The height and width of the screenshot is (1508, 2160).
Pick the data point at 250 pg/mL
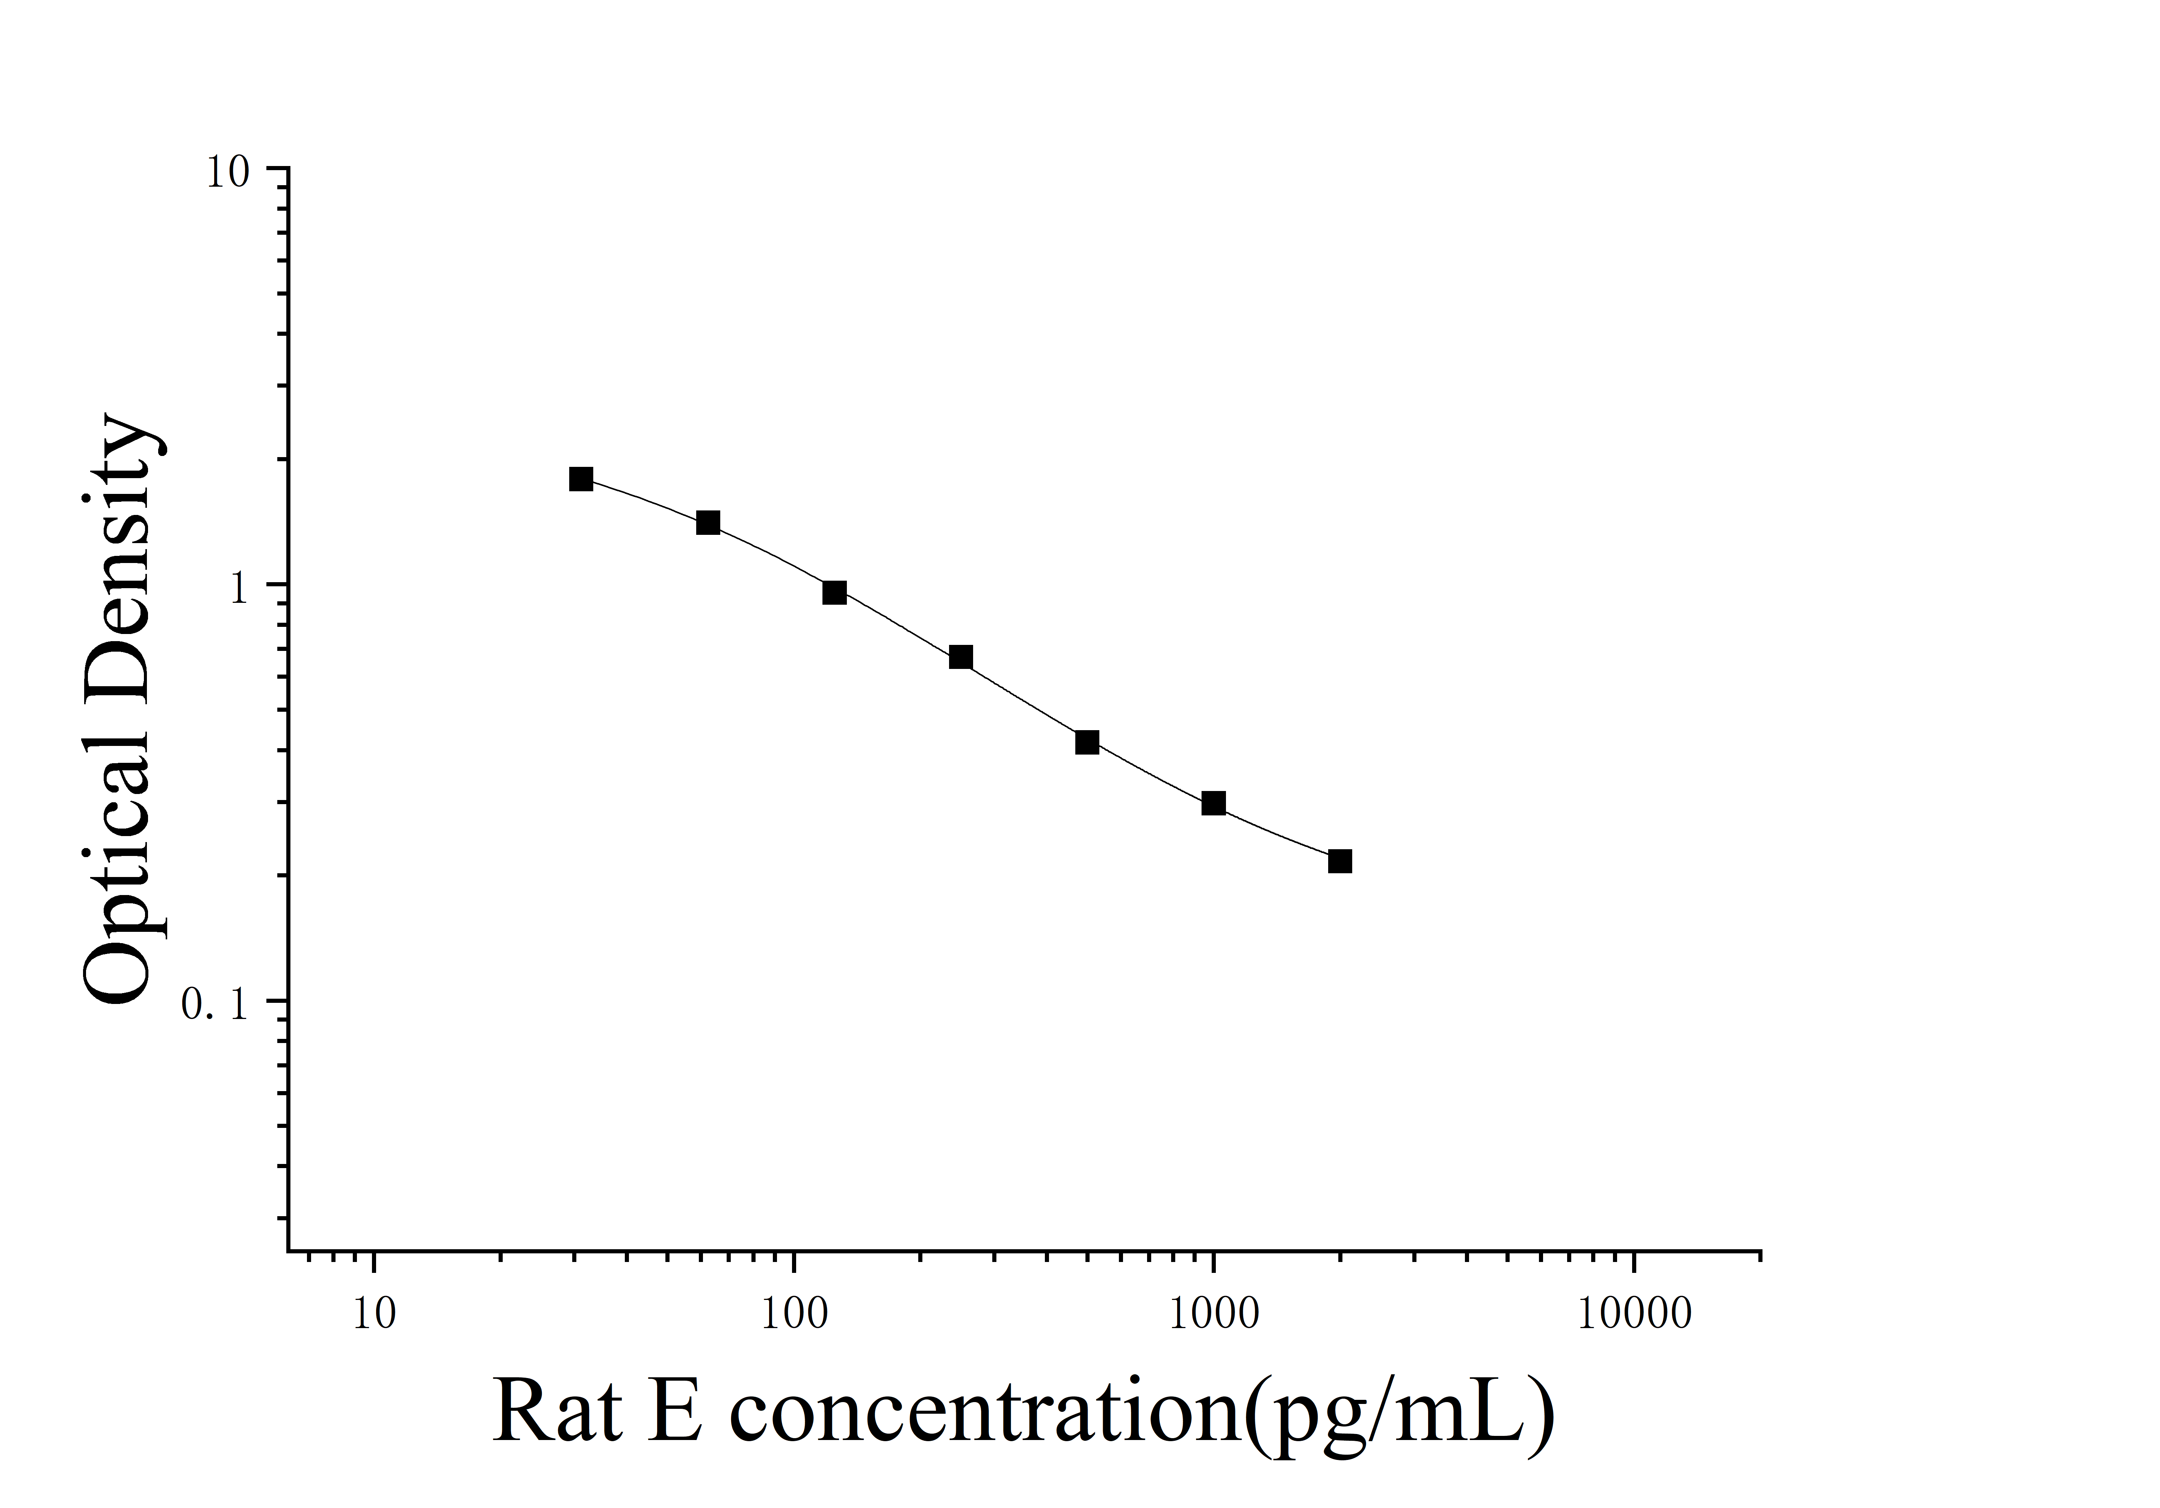coord(961,657)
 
